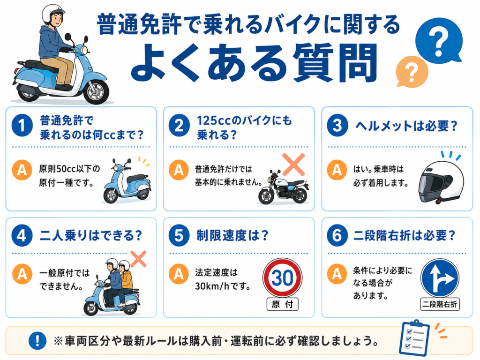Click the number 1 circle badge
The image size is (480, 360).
pyautogui.click(x=22, y=125)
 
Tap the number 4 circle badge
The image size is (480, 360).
pyautogui.click(x=22, y=235)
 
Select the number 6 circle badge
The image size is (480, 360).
pyautogui.click(x=337, y=235)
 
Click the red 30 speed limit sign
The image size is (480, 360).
pyautogui.click(x=282, y=278)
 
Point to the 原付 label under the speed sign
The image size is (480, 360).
pyautogui.click(x=282, y=304)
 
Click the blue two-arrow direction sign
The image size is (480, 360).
pyautogui.click(x=440, y=278)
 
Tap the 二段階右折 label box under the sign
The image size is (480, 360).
pyautogui.click(x=440, y=304)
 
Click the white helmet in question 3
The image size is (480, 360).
pyautogui.click(x=441, y=182)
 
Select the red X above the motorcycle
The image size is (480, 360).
pyautogui.click(x=293, y=165)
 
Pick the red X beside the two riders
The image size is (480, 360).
pyautogui.click(x=138, y=259)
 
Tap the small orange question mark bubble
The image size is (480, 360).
pyautogui.click(x=412, y=72)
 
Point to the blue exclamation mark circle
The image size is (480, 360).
pyautogui.click(x=37, y=340)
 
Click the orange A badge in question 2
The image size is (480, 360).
pyautogui.click(x=179, y=170)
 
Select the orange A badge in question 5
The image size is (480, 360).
pyautogui.click(x=179, y=274)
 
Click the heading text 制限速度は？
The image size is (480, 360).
pyautogui.click(x=232, y=236)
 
